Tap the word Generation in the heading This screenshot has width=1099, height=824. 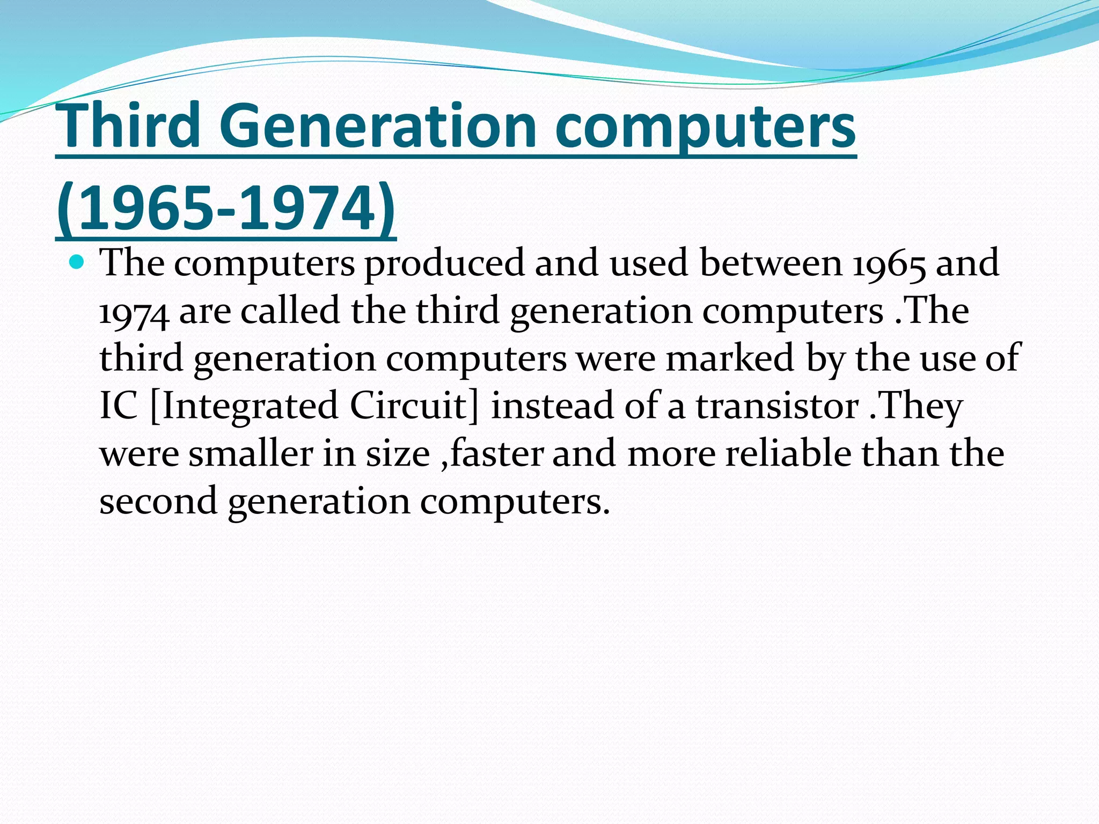[x=378, y=126]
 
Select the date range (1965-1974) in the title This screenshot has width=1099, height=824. [x=226, y=208]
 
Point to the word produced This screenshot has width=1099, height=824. [x=445, y=264]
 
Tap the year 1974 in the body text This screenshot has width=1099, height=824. [x=134, y=312]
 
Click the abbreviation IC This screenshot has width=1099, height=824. [x=119, y=406]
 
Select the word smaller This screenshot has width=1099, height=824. [x=251, y=454]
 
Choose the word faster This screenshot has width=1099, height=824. [x=496, y=454]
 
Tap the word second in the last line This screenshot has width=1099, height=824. [x=158, y=501]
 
